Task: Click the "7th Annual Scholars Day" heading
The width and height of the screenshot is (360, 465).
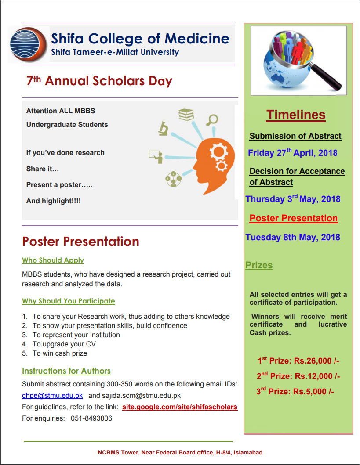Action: click(99, 81)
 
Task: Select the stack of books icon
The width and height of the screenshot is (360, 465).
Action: click(186, 115)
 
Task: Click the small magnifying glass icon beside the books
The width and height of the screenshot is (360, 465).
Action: click(213, 119)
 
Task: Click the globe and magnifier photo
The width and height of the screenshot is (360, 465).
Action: click(298, 61)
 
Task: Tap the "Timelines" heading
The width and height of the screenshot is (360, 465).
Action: click(296, 115)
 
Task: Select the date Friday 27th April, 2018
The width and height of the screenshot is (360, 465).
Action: click(292, 153)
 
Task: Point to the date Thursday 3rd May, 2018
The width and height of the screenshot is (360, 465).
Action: click(293, 199)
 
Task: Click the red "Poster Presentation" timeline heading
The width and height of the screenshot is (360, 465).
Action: click(293, 218)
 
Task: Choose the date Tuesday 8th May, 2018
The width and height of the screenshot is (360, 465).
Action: click(292, 237)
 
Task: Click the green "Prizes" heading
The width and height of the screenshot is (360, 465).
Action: click(259, 265)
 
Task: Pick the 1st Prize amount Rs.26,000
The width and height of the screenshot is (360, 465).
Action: click(298, 361)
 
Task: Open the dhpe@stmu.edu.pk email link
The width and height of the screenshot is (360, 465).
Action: click(52, 395)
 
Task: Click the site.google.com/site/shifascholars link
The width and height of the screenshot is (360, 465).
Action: click(180, 407)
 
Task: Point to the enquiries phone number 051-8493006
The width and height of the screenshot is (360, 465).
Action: click(91, 418)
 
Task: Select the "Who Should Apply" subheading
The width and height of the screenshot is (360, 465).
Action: click(53, 260)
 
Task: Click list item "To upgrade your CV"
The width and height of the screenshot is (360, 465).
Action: click(64, 344)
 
